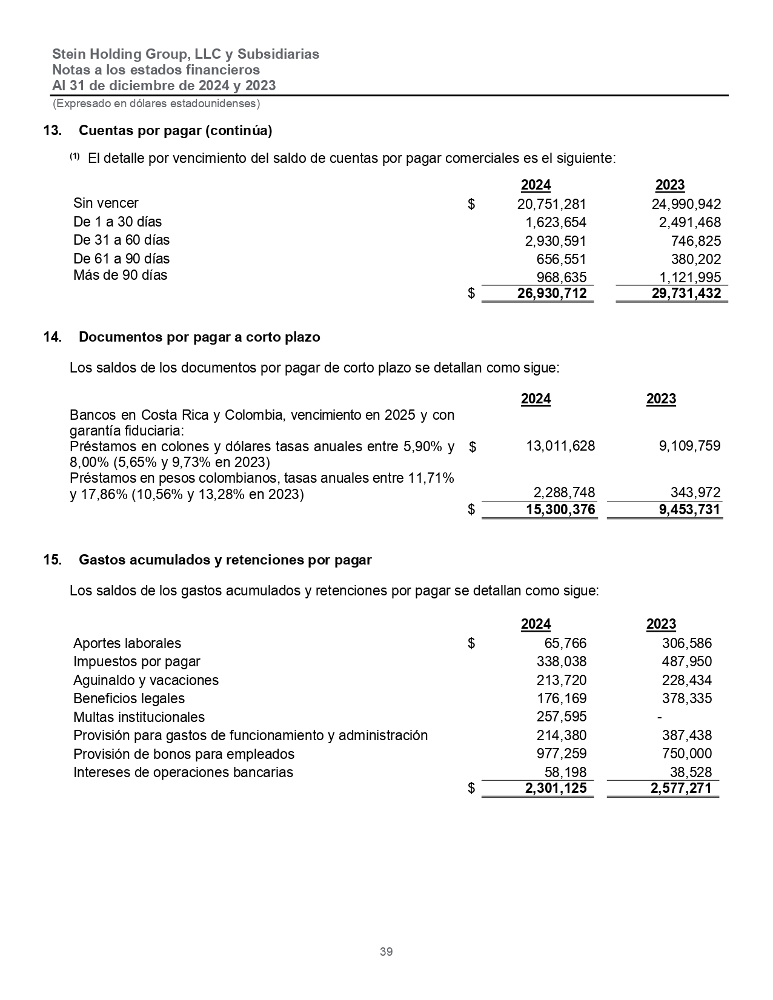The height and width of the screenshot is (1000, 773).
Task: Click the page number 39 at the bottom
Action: click(x=386, y=952)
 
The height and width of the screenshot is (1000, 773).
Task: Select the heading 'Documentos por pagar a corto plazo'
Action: click(x=199, y=337)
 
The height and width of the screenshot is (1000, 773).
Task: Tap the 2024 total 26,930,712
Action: click(x=552, y=294)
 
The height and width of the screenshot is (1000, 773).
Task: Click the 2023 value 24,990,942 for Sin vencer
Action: click(x=686, y=204)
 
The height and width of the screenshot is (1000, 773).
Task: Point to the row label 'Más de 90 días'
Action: click(x=120, y=276)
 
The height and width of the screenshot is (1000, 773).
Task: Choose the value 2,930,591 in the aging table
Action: click(x=556, y=241)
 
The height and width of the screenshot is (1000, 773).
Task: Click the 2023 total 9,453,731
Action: click(x=689, y=509)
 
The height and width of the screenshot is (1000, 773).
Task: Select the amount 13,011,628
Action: click(x=560, y=446)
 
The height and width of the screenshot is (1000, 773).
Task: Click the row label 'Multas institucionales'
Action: click(x=139, y=717)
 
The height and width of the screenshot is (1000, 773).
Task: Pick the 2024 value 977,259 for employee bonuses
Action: click(x=562, y=753)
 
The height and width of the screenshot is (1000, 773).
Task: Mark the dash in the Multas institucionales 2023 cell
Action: click(x=659, y=717)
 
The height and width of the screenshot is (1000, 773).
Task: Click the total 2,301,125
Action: click(x=552, y=788)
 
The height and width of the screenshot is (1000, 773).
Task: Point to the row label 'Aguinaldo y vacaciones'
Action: click(x=145, y=680)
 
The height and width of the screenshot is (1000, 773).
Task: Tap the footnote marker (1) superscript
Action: click(x=75, y=157)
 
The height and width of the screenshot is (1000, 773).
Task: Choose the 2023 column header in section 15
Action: click(x=661, y=624)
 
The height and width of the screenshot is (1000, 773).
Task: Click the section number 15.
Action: click(x=53, y=560)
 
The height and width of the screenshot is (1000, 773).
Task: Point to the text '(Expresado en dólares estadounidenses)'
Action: click(x=156, y=104)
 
